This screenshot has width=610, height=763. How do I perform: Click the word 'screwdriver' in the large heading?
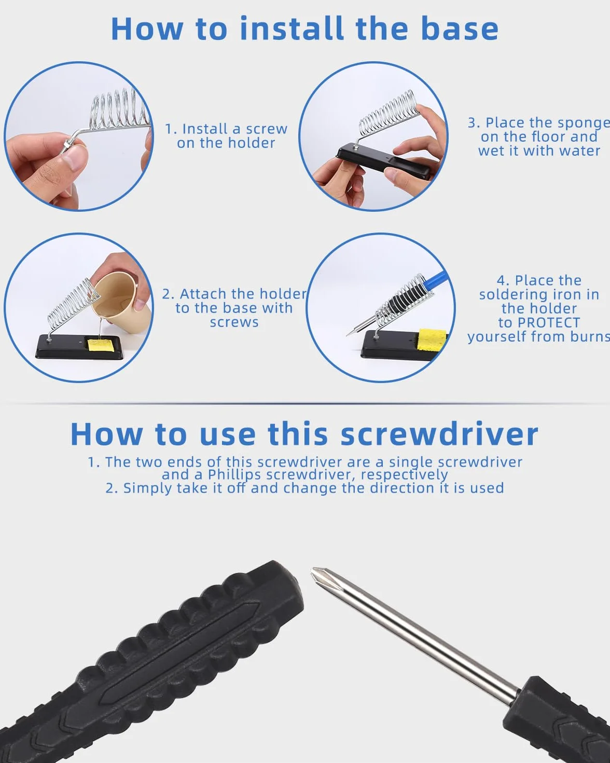(x=439, y=434)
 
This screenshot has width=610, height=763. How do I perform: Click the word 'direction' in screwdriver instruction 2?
(x=402, y=488)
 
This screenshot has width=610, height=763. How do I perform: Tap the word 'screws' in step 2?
(x=234, y=323)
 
